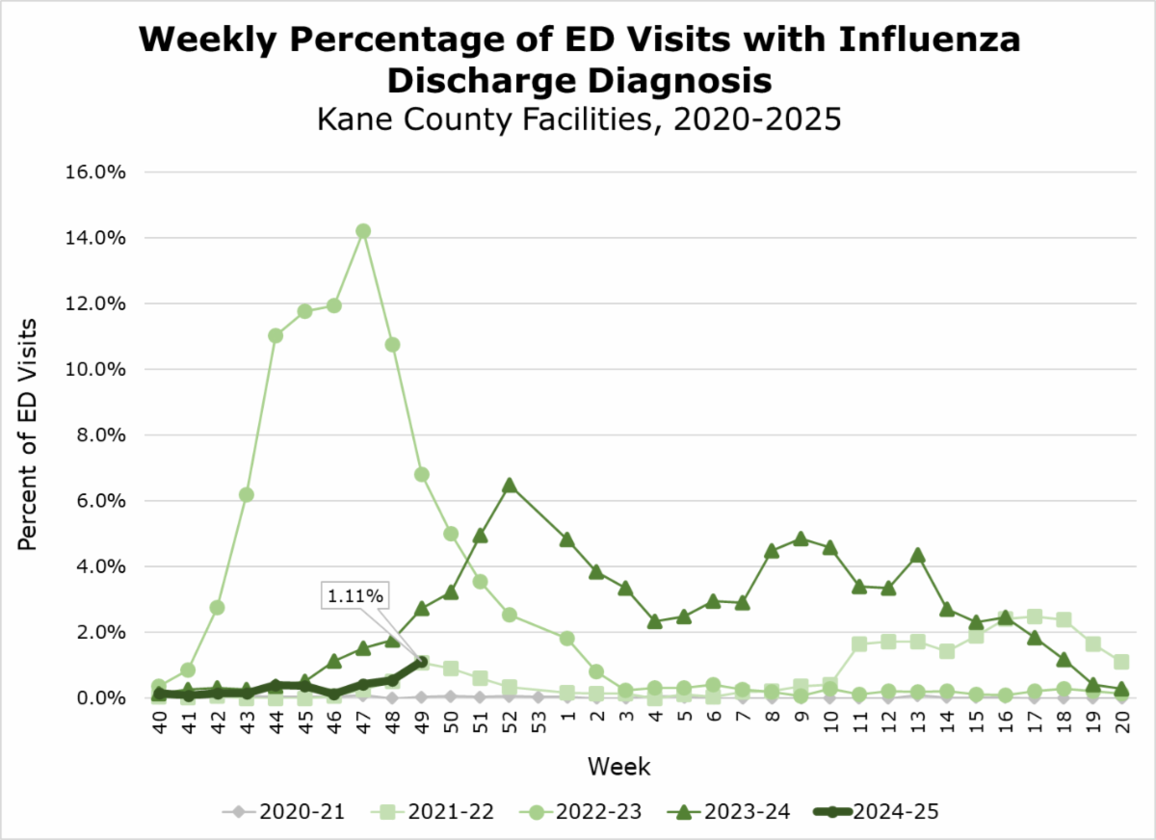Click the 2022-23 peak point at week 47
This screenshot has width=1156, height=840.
[x=363, y=231]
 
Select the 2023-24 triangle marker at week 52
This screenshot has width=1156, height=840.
[x=510, y=486]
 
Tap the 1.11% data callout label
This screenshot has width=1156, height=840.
[x=354, y=597]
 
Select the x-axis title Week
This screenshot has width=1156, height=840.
[x=619, y=767]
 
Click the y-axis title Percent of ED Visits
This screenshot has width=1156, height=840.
[x=29, y=433]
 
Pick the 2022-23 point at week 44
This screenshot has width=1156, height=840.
[x=276, y=335]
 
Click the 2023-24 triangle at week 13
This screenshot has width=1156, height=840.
[x=918, y=555]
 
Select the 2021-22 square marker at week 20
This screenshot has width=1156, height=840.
[x=1121, y=662]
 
